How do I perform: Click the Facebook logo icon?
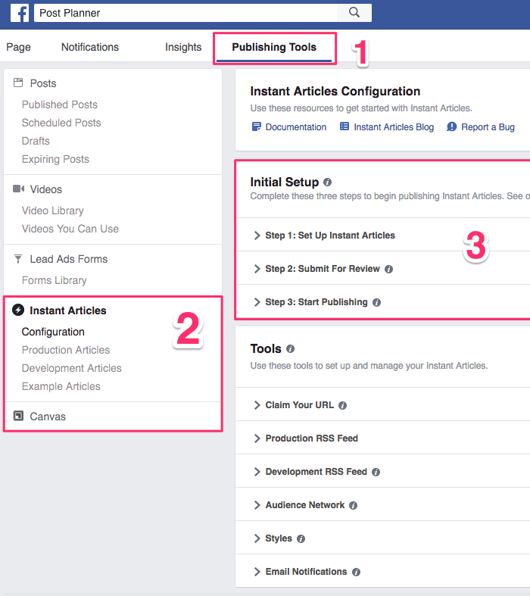coord(19,13)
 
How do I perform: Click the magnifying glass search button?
coord(354,13)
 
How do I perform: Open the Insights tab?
coord(183,47)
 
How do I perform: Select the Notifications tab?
coord(90,47)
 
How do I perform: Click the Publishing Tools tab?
coord(274,47)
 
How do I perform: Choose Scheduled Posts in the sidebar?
coord(61,123)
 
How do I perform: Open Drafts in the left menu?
coord(36,141)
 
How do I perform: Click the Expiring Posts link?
coord(55,159)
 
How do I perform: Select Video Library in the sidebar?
coord(53,211)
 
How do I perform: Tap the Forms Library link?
coord(55,280)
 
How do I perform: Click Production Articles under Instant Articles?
coord(66,350)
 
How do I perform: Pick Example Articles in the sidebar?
coord(61,386)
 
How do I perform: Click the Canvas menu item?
coord(48,417)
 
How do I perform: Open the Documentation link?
coord(295,127)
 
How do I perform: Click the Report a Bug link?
coord(488,127)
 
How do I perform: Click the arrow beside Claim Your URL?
coord(257,405)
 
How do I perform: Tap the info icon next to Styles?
coord(301,538)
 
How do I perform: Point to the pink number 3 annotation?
coord(475,246)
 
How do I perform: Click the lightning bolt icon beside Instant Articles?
coord(18,310)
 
